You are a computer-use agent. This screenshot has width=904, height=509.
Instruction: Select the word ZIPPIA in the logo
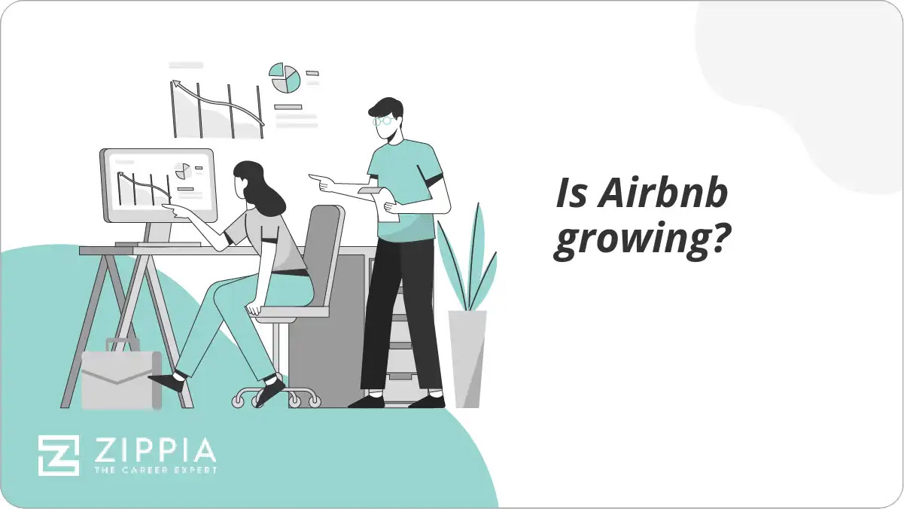pos(154,451)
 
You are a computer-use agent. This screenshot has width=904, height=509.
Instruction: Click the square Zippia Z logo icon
pos(59,455)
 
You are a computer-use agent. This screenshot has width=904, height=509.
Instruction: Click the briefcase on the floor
pos(120,379)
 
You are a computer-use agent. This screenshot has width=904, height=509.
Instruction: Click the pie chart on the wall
pos(285,78)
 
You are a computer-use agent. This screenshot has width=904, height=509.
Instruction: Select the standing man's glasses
pos(383,119)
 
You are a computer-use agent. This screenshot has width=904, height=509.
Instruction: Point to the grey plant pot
pos(467,358)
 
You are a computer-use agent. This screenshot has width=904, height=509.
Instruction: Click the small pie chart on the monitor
pos(182,171)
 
